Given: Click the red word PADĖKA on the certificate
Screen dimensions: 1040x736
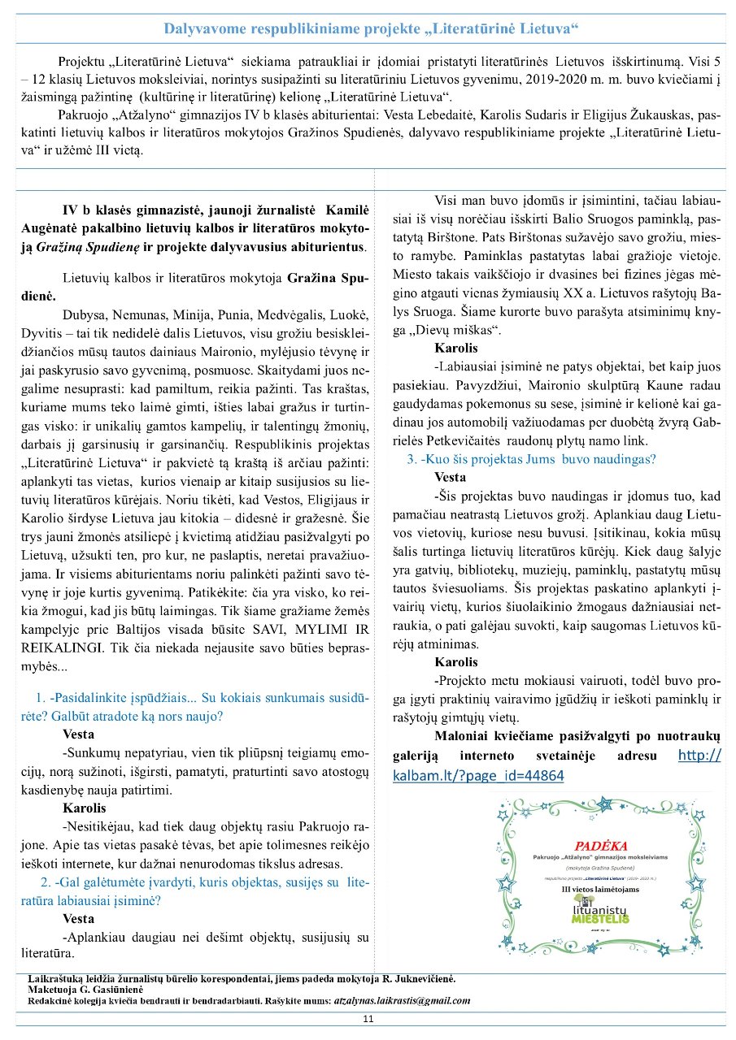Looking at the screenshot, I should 600,846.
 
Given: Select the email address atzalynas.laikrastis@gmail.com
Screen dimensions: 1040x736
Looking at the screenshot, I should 402,1000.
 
